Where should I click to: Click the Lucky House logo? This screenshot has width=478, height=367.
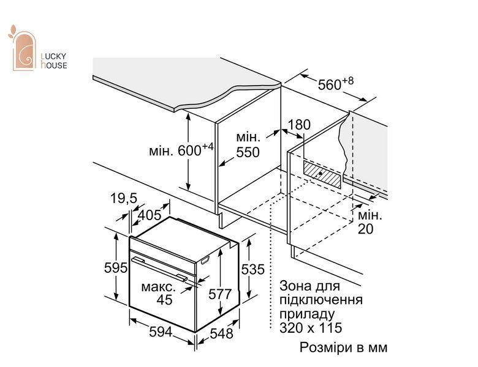pyautogui.click(x=37, y=48)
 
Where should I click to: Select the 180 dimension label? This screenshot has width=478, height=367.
pyautogui.click(x=299, y=124)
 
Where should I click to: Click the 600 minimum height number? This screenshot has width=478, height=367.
pyautogui.click(x=189, y=150)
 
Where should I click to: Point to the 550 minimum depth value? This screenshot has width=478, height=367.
pyautogui.click(x=248, y=152)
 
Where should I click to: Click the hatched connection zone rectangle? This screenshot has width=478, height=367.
pyautogui.click(x=322, y=174)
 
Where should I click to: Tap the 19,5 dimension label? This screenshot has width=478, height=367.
pyautogui.click(x=123, y=198)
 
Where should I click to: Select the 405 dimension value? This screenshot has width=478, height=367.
pyautogui.click(x=150, y=215)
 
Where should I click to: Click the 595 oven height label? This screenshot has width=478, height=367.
pyautogui.click(x=116, y=268)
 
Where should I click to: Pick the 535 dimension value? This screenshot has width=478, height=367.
pyautogui.click(x=252, y=269)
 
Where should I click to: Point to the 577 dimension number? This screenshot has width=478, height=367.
pyautogui.click(x=220, y=294)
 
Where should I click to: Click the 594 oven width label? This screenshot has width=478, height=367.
pyautogui.click(x=161, y=332)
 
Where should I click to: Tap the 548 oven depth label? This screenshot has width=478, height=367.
pyautogui.click(x=222, y=333)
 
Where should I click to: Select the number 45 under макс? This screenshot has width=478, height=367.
pyautogui.click(x=165, y=300)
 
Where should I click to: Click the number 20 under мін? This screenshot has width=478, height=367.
pyautogui.click(x=365, y=229)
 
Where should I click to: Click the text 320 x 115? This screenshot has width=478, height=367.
pyautogui.click(x=311, y=328)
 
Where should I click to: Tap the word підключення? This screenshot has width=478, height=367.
pyautogui.click(x=321, y=300)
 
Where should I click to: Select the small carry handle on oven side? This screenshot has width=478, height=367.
pyautogui.click(x=205, y=260)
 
